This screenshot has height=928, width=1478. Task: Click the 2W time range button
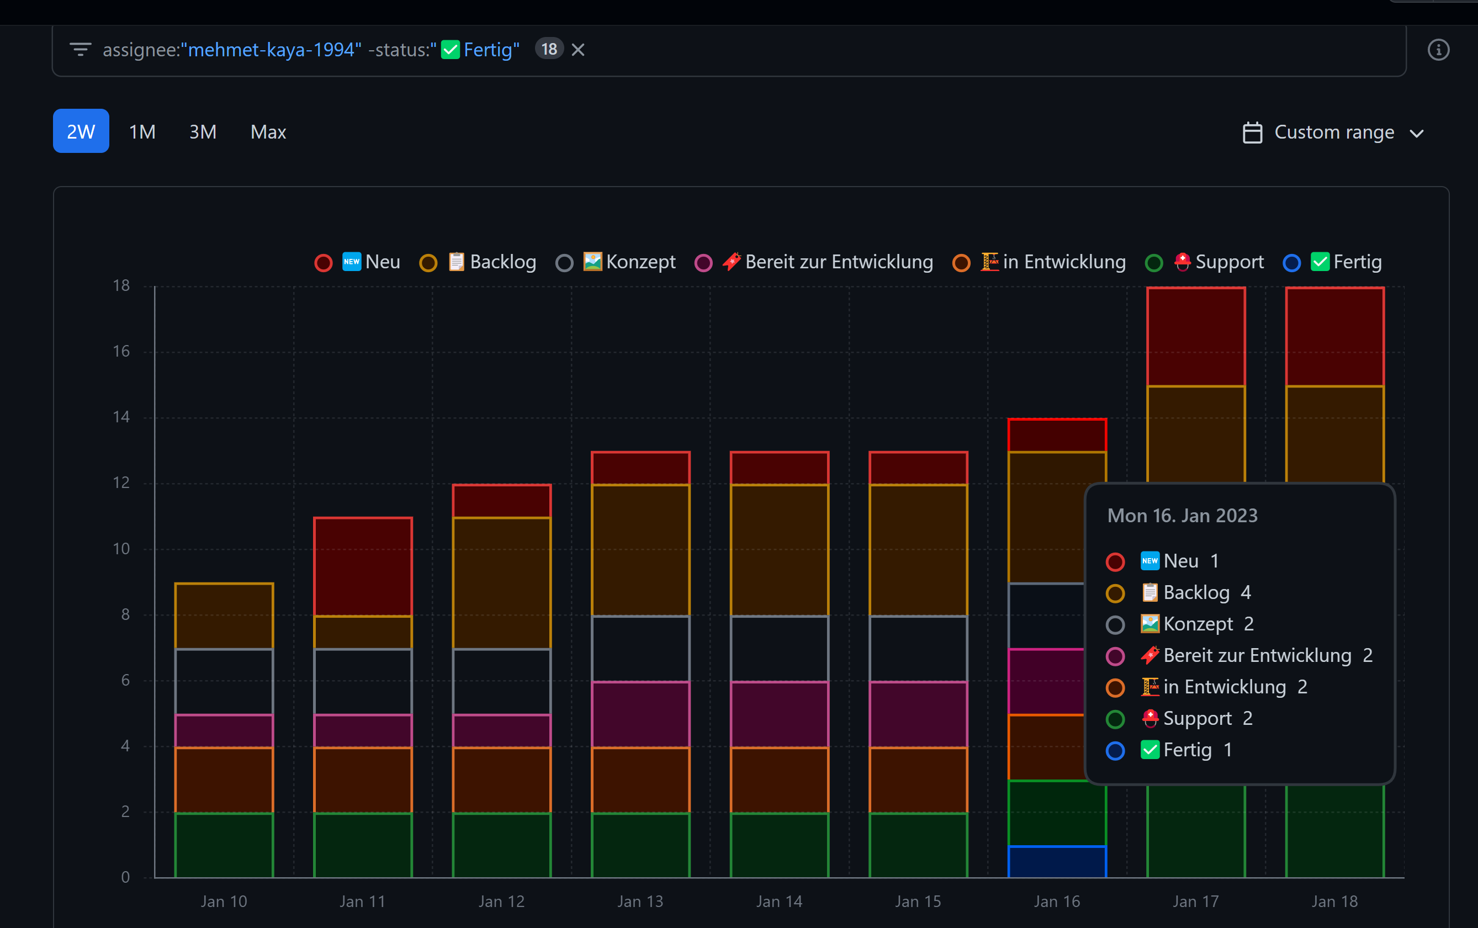pos(81,131)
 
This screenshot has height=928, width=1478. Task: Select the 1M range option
pos(142,132)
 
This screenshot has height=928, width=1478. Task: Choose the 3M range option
pos(203,132)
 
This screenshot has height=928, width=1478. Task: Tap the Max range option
pos(268,132)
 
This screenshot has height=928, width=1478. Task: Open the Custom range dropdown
pos(1333,132)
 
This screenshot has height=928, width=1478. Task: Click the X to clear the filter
pos(578,50)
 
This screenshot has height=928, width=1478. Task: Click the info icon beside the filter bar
pos(1438,50)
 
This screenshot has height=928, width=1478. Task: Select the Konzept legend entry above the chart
pos(629,262)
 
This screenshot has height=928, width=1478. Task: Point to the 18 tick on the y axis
pos(121,285)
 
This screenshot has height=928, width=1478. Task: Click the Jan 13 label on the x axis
pos(640,901)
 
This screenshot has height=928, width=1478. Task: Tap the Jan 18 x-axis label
pos(1334,901)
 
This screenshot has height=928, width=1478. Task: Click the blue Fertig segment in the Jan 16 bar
pos(1056,862)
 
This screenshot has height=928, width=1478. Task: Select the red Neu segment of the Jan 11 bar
pos(363,566)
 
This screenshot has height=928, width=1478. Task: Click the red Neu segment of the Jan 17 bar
pos(1196,336)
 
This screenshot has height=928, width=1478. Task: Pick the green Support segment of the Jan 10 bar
pos(224,845)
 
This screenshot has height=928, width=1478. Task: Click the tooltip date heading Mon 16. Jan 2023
pos(1182,516)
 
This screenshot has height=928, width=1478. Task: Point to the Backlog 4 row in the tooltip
pos(1197,592)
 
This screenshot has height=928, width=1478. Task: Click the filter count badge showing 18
pos(549,49)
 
